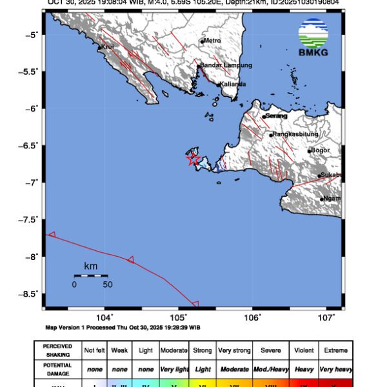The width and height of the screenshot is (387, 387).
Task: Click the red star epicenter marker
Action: click(x=193, y=160)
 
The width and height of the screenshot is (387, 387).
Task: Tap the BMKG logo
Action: click(x=313, y=38)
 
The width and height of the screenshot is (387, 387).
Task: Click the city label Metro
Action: click(x=212, y=41)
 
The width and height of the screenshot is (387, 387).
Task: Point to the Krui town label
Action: click(x=106, y=47)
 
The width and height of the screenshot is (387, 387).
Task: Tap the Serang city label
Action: click(x=277, y=115)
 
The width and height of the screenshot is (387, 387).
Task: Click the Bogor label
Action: click(x=320, y=150)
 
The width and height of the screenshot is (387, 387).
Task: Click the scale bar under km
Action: click(x=90, y=276)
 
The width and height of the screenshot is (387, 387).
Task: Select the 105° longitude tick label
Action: click(x=179, y=317)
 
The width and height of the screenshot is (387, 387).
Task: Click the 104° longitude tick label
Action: click(x=104, y=317)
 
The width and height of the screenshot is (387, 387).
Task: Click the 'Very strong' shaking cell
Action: click(x=234, y=350)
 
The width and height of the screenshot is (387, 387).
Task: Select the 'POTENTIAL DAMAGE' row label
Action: click(x=57, y=369)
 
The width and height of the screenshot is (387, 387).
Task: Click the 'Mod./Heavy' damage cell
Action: click(x=271, y=370)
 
